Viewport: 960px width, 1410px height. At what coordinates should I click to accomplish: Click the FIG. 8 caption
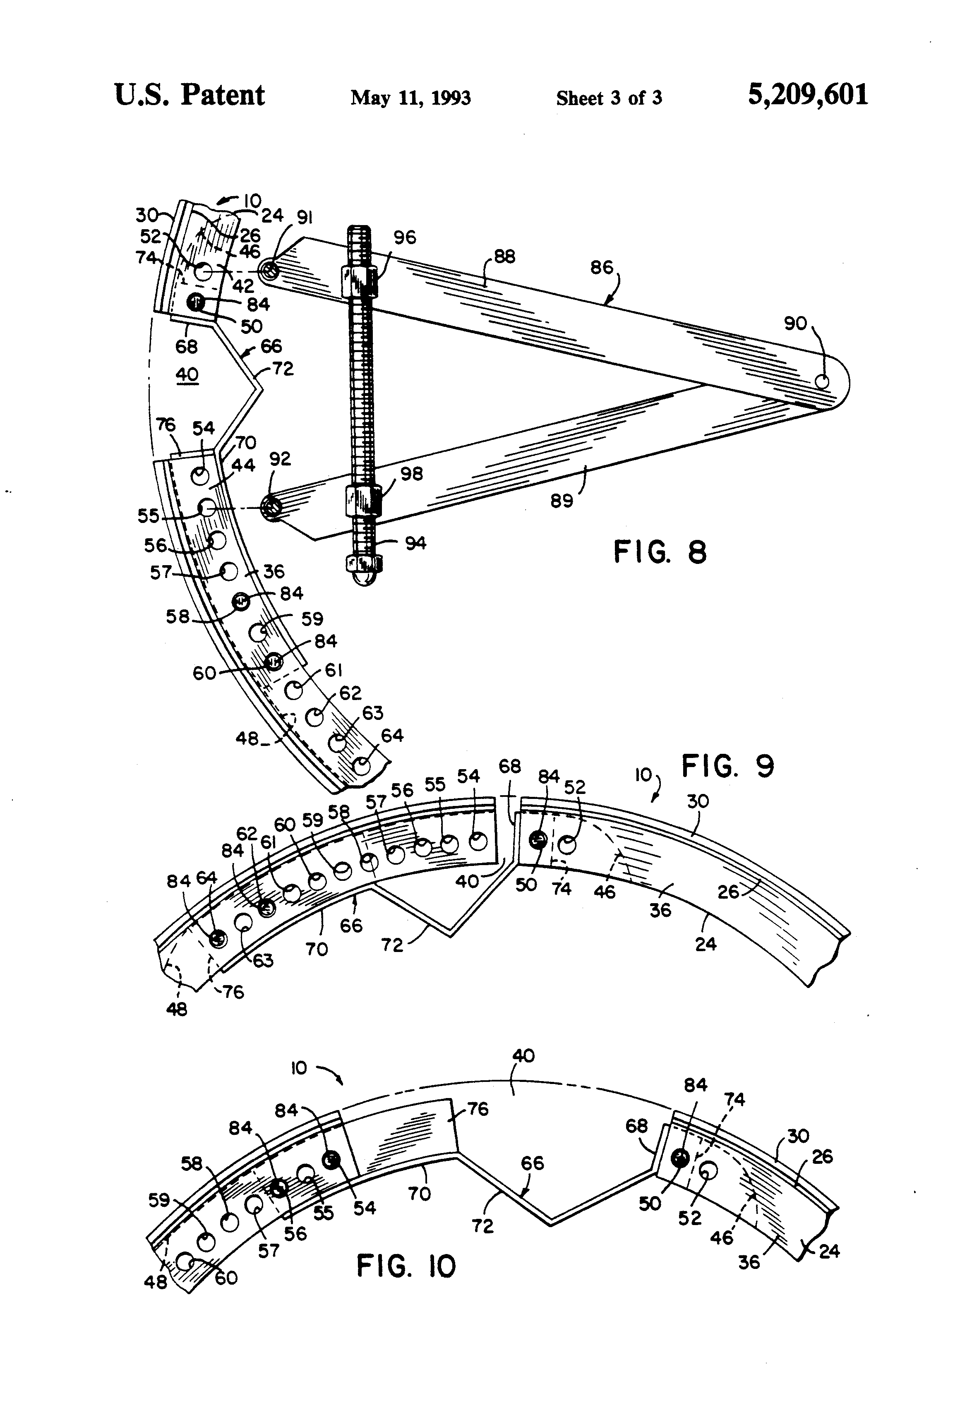pos(660,552)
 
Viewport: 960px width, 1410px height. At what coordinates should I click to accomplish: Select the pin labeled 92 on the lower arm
pos(271,506)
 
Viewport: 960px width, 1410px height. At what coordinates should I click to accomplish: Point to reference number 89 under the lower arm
pos(562,501)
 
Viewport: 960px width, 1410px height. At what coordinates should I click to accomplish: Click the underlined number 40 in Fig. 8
pos(187,374)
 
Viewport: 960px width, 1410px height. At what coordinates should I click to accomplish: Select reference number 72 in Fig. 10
pos(482,1226)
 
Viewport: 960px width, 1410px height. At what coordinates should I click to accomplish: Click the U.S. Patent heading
pos(190,95)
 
